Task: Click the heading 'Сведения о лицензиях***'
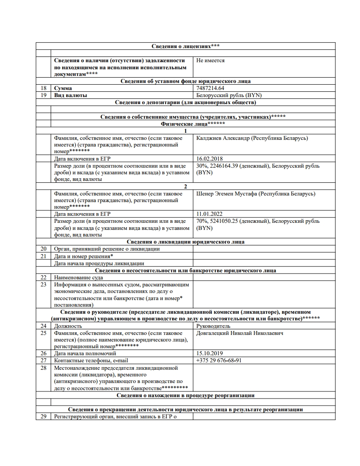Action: point(186,46)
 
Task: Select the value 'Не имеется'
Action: point(210,60)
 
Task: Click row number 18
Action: point(43,88)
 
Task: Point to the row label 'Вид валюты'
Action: point(71,95)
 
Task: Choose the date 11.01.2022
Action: point(210,214)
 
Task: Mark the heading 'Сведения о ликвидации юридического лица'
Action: point(186,242)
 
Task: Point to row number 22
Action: point(43,278)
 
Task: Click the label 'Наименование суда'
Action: point(79,278)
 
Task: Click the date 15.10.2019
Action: point(210,353)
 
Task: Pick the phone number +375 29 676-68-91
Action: point(219,361)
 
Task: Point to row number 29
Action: point(43,416)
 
